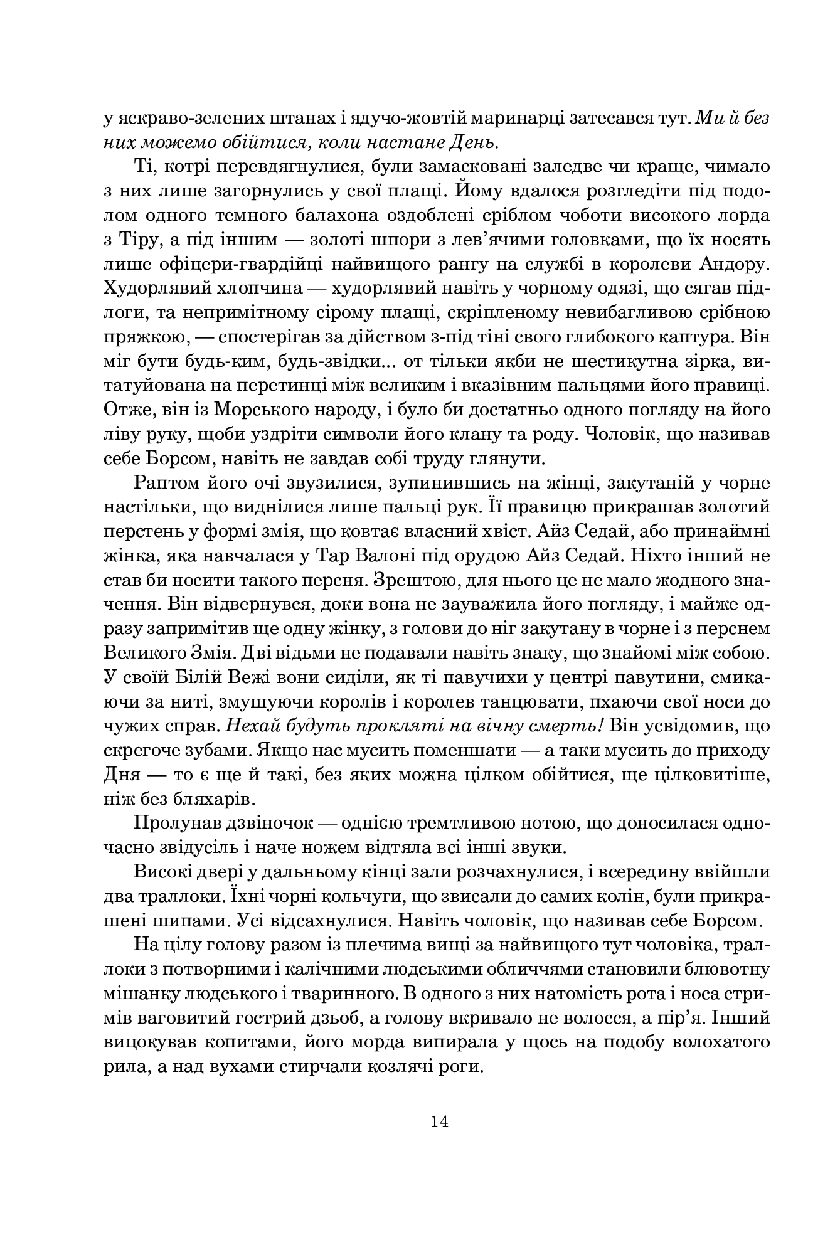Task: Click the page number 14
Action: [439, 1121]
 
